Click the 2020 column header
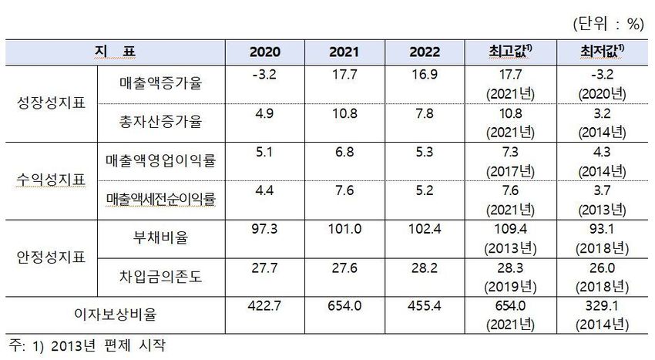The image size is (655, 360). tap(265, 52)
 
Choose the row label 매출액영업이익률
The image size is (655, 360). tap(160, 160)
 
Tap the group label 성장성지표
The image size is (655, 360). tap(51, 103)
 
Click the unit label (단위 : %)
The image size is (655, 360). tap(608, 24)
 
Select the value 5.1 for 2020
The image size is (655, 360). tap(265, 151)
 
